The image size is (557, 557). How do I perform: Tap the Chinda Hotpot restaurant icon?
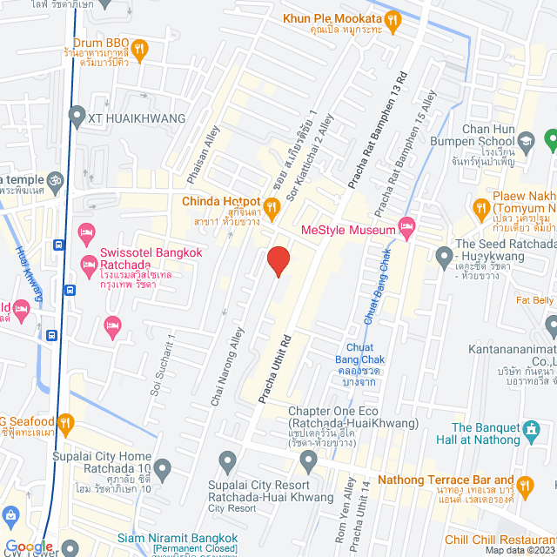tap(271, 206)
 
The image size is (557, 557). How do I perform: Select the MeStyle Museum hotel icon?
tap(406, 228)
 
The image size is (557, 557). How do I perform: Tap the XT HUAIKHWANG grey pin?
tap(77, 117)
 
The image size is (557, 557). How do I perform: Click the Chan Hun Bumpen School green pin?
tap(549, 138)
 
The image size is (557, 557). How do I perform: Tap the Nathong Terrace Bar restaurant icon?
tap(525, 484)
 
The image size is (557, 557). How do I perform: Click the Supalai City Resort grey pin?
tap(228, 460)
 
